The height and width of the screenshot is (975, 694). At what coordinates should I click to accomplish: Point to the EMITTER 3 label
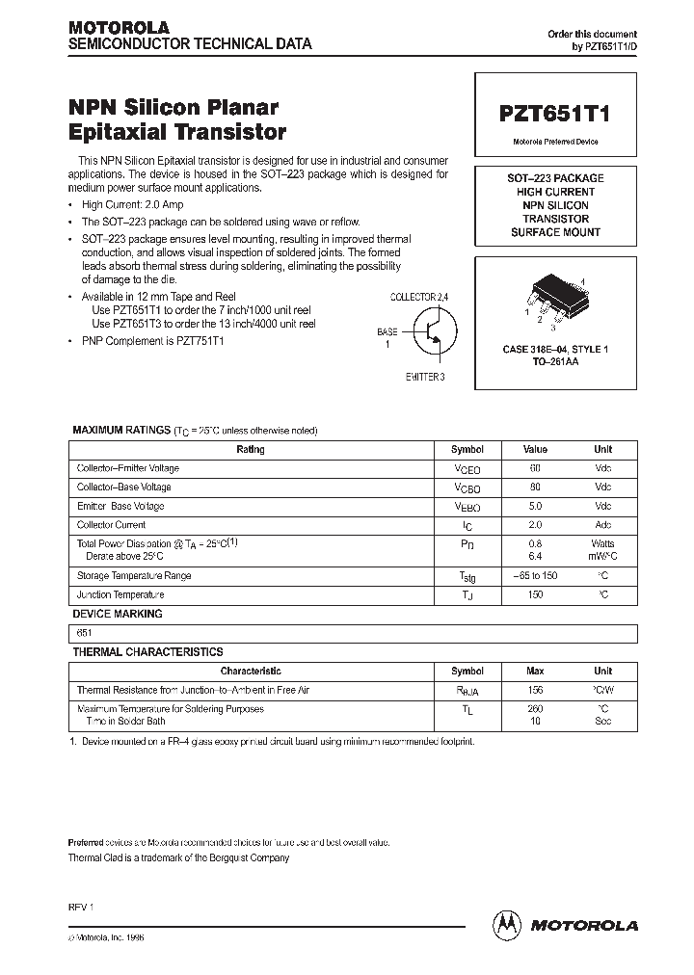[425, 377]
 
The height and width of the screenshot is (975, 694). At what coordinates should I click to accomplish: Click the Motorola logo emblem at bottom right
[504, 924]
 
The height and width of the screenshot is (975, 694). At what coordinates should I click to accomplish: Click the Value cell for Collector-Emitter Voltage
[535, 468]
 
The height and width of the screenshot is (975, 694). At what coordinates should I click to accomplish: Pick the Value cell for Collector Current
[535, 525]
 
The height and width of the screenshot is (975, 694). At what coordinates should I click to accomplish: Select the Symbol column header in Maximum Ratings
[467, 450]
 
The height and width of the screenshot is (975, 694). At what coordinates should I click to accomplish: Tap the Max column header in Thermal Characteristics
[535, 671]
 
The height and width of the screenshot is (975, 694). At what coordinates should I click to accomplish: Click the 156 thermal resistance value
[535, 690]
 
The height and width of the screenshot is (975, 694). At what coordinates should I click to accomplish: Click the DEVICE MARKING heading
[118, 614]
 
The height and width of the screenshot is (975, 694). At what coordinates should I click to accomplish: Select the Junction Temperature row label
[120, 594]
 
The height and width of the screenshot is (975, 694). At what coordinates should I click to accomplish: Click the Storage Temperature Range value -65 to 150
[535, 575]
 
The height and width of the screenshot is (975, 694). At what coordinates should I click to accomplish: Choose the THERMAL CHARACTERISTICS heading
[147, 652]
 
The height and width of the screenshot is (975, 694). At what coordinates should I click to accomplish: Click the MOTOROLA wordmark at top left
[118, 27]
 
